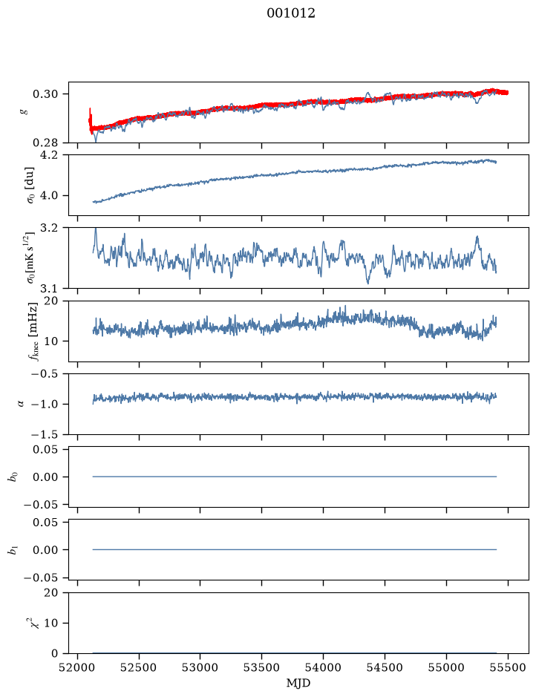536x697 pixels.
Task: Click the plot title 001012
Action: pos(291,13)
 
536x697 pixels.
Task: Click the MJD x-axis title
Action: pos(298,683)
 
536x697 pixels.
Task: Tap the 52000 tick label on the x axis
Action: pos(77,667)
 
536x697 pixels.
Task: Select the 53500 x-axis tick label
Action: pos(262,667)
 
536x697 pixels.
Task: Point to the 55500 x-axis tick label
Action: pos(508,667)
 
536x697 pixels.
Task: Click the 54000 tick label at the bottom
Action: pos(323,667)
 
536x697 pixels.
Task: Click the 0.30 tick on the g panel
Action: pos(45,94)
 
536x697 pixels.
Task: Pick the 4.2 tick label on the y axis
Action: pos(49,155)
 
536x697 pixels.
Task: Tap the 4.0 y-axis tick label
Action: pos(49,195)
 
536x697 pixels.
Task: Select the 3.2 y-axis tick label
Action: pos(49,228)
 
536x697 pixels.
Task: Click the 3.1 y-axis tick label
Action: pos(49,289)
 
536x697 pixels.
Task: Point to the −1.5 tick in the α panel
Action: pos(45,434)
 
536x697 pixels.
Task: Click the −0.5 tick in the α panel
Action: pos(45,374)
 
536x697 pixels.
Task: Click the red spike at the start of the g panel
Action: pos(91,119)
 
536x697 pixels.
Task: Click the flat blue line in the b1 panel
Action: pos(294,550)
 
